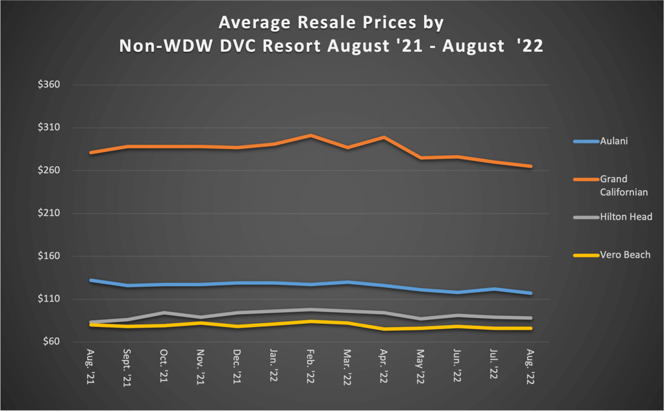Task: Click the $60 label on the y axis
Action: point(51,342)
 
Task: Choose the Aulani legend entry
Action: point(614,141)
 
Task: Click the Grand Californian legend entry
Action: point(623,185)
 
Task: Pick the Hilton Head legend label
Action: point(625,217)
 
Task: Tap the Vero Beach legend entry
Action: point(625,255)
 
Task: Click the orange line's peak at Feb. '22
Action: point(311,136)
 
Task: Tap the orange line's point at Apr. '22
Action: point(384,138)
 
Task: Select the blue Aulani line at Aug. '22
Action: point(531,293)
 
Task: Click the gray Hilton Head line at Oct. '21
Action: point(164,313)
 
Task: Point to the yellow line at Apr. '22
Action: point(384,329)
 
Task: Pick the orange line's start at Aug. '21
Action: point(91,152)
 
